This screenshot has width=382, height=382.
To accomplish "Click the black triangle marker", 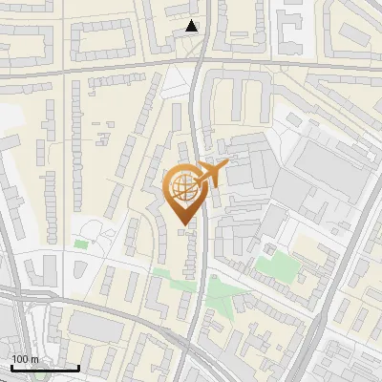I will pos(192,26).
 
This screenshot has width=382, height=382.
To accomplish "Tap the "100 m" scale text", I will pos(25,359).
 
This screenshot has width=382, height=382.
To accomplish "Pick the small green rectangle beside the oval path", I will pos(81,244).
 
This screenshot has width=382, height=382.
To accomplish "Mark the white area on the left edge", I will pos(8,134).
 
